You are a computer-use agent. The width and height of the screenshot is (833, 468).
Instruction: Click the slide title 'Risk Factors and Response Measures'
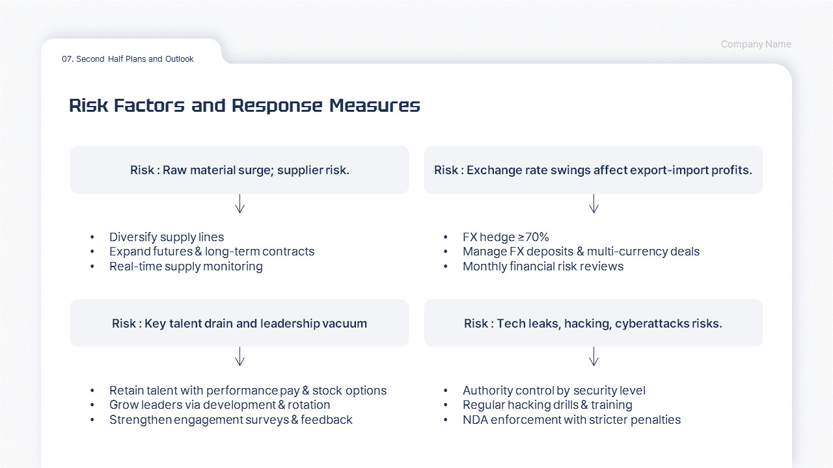pyautogui.click(x=244, y=105)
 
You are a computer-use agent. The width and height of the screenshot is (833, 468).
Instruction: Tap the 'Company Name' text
pyautogui.click(x=756, y=44)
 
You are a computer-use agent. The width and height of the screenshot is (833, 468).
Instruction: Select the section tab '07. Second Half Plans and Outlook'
pyautogui.click(x=128, y=59)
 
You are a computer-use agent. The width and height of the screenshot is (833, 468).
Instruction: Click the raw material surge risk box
pyautogui.click(x=239, y=170)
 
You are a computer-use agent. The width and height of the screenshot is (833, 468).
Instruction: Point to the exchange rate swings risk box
pyautogui.click(x=593, y=170)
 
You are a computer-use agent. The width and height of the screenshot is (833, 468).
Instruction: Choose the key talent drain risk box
pyautogui.click(x=239, y=323)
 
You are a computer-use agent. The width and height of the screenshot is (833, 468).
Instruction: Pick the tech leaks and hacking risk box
pyautogui.click(x=593, y=323)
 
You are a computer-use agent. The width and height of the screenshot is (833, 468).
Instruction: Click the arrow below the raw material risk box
pyautogui.click(x=239, y=203)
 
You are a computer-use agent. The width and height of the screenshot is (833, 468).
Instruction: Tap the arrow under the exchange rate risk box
pyautogui.click(x=594, y=203)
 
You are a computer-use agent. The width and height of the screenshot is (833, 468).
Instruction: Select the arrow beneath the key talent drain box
pyautogui.click(x=239, y=356)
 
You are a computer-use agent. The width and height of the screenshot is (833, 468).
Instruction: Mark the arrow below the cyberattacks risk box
pyautogui.click(x=594, y=356)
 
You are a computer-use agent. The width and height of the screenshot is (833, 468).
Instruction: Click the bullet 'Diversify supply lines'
pyautogui.click(x=167, y=237)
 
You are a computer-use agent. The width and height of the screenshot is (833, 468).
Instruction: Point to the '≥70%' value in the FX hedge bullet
pyautogui.click(x=534, y=237)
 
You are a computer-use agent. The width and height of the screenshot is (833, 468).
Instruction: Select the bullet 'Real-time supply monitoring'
pyautogui.click(x=185, y=266)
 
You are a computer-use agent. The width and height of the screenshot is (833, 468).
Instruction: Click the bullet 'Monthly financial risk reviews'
pyautogui.click(x=543, y=266)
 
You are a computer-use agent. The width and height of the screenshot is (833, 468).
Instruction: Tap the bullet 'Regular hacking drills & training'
pyautogui.click(x=547, y=405)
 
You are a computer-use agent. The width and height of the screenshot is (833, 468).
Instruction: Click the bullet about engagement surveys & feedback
pyautogui.click(x=230, y=420)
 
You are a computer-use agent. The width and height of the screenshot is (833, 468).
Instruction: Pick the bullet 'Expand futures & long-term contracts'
pyautogui.click(x=212, y=252)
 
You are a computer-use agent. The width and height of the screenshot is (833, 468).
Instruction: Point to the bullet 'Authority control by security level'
pyautogui.click(x=554, y=391)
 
